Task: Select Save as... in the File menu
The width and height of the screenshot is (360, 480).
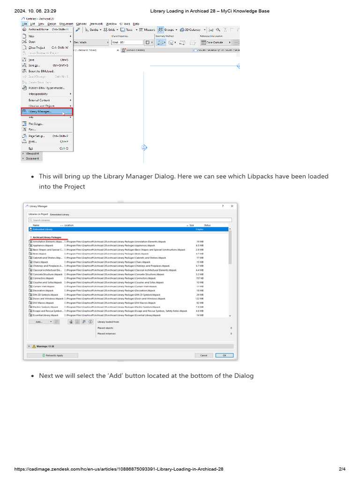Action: coord(34,65)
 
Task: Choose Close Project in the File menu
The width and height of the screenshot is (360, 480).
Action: coord(37,47)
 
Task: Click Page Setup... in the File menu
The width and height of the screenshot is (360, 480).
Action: coord(36,135)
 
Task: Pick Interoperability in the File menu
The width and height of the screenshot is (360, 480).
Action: coord(38,94)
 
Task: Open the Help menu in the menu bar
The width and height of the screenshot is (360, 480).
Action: coord(136,23)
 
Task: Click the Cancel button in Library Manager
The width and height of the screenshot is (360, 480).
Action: coord(204,355)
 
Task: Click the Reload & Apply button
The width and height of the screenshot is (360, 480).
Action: coord(52,355)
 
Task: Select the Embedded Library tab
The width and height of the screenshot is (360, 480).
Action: coord(60,214)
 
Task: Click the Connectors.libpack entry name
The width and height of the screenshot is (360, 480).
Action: coord(43,278)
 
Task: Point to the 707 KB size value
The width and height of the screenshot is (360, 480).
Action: coord(199,278)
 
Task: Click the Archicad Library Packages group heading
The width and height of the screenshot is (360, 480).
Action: coord(47,237)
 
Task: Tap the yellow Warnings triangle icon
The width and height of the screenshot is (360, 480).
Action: coord(34,346)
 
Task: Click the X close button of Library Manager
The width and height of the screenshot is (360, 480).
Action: coord(232,206)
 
